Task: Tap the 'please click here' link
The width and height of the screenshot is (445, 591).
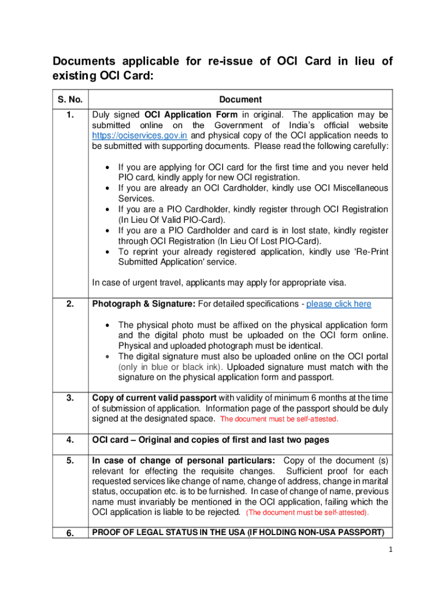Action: point(339,304)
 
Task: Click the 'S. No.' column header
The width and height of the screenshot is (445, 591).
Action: point(69,99)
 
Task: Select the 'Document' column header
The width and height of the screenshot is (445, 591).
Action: point(240,99)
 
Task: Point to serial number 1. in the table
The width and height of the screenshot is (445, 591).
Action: point(69,115)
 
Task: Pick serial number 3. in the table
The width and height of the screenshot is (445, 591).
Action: point(69,398)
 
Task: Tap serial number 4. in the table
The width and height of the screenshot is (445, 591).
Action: point(69,440)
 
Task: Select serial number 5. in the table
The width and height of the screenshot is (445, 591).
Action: point(69,461)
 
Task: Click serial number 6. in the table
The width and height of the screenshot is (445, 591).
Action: point(69,533)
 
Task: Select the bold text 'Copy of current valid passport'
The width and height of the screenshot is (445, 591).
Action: point(154,398)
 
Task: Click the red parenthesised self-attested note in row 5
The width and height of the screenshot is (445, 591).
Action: point(307,513)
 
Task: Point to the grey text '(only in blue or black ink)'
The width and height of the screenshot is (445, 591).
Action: point(171,367)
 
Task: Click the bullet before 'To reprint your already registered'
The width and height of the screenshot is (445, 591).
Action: point(109,252)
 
